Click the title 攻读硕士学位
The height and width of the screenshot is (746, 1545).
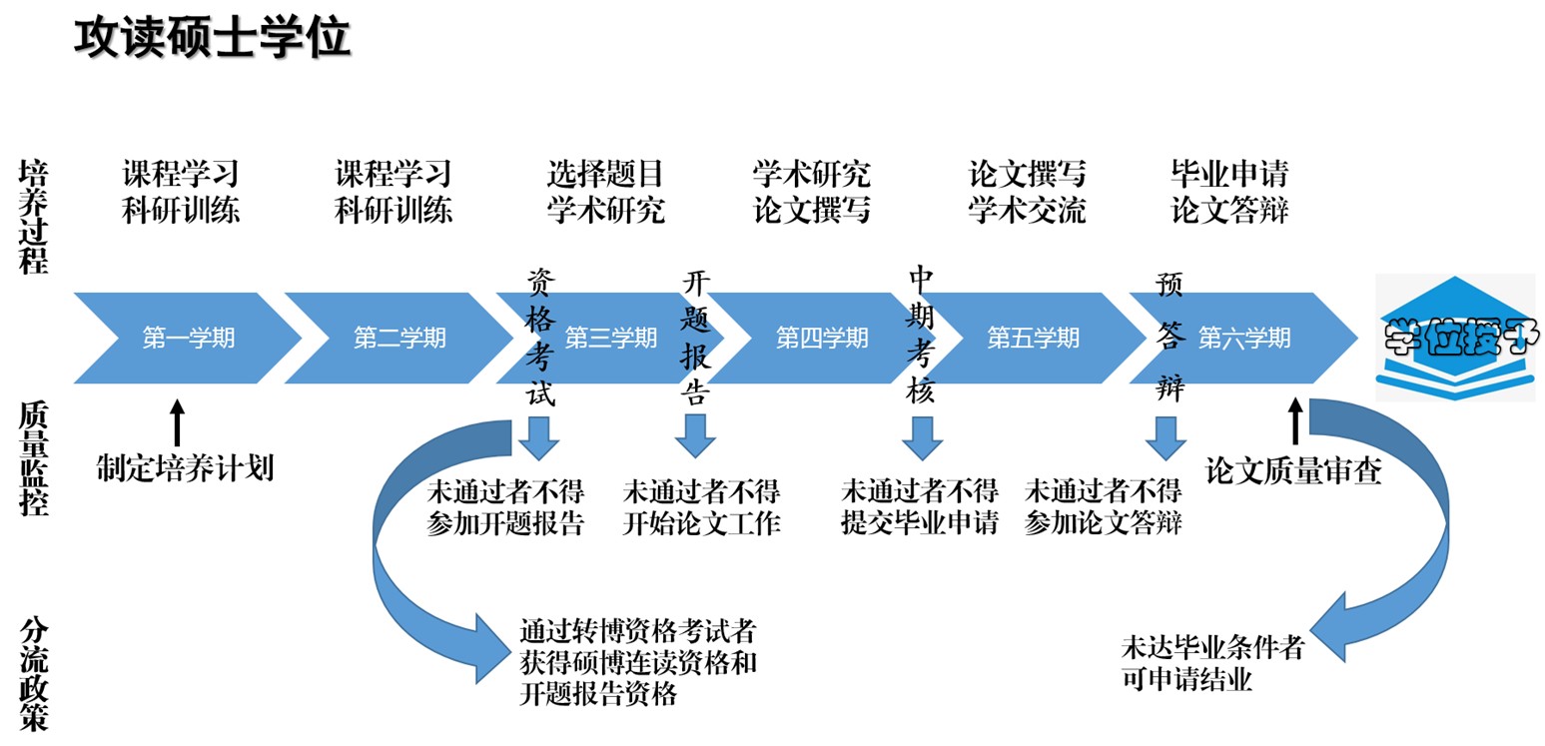click(212, 37)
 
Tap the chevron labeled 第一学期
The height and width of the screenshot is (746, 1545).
click(188, 338)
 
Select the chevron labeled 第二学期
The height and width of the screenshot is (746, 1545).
click(398, 338)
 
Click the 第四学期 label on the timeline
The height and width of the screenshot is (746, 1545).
click(822, 338)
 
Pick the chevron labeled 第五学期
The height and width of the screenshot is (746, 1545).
click(1033, 338)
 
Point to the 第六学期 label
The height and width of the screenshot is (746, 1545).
click(1244, 338)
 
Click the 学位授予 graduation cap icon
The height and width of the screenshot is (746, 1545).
click(1455, 339)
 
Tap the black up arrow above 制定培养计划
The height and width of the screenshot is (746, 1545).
click(178, 422)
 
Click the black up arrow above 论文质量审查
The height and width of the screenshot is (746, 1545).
click(1295, 422)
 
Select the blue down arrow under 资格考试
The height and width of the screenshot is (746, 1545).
click(538, 436)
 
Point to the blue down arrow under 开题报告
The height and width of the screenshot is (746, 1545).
click(695, 436)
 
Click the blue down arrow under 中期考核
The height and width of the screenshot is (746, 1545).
click(922, 436)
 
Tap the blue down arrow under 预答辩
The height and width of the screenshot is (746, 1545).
click(1164, 436)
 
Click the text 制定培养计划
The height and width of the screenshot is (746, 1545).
click(185, 467)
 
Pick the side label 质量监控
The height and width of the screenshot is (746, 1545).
click(33, 458)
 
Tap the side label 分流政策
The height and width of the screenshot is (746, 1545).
click(33, 674)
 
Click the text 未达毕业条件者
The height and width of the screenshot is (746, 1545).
click(1212, 647)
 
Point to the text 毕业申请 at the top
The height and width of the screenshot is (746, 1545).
click(1229, 175)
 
